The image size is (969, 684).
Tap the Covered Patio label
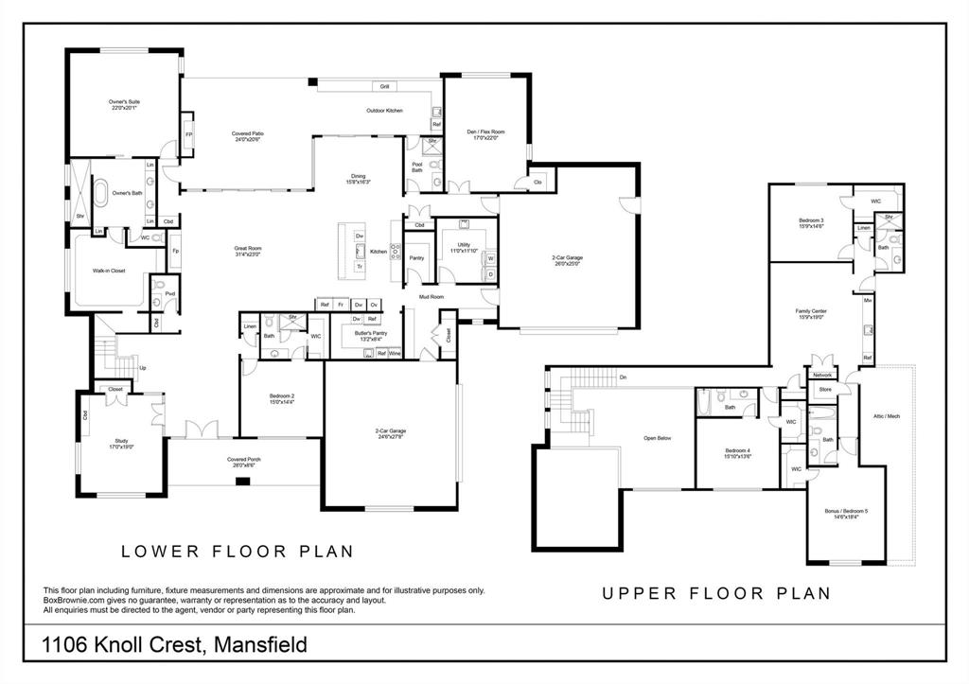pyautogui.click(x=248, y=134)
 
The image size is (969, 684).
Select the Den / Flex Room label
pyautogui.click(x=485, y=132)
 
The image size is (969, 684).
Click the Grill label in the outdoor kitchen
pyautogui.click(x=385, y=86)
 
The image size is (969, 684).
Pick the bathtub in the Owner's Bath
pyautogui.click(x=99, y=194)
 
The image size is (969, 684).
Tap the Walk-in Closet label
pyautogui.click(x=108, y=271)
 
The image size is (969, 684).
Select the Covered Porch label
pyautogui.click(x=243, y=460)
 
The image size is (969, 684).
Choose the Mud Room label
pyautogui.click(x=432, y=296)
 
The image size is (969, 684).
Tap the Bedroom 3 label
pyautogui.click(x=812, y=220)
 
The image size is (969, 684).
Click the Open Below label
pyautogui.click(x=657, y=438)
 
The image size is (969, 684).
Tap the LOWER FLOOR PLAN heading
pyautogui.click(x=238, y=551)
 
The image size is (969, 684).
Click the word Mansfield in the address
pyautogui.click(x=261, y=645)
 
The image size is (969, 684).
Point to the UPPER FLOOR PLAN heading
pyautogui.click(x=716, y=593)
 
